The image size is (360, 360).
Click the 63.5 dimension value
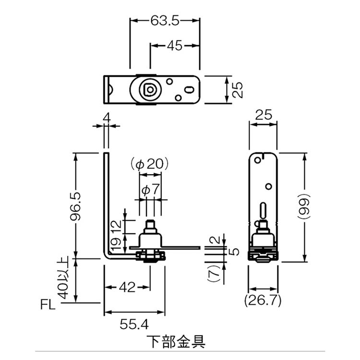[165, 20]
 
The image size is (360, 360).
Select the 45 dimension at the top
[175, 46]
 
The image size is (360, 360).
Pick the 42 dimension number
[127, 287]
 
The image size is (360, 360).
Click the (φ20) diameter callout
[149, 165]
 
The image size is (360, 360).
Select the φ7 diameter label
[150, 190]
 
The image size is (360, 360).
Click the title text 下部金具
[175, 342]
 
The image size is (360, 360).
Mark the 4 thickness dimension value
[106, 117]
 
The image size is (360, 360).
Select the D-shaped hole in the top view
[148, 89]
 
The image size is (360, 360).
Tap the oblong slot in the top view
[190, 89]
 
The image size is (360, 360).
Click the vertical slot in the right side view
[263, 210]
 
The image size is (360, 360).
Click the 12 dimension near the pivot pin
[115, 225]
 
